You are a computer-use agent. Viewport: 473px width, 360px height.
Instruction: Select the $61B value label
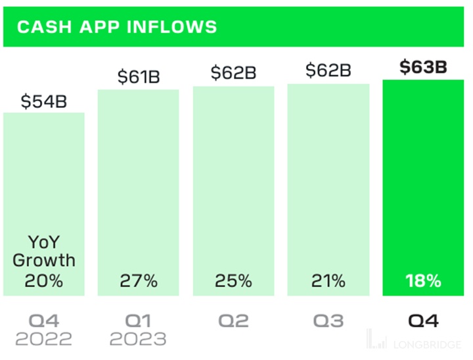(x=139, y=77)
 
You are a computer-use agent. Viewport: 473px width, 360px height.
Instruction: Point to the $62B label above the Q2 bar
(x=233, y=72)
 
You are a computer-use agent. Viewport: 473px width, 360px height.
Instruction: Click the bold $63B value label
(x=423, y=67)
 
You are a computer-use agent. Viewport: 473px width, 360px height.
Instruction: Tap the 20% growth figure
(x=44, y=281)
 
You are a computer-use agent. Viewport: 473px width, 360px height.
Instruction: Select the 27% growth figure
(x=139, y=281)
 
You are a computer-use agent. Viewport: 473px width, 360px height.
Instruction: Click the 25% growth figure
(x=233, y=281)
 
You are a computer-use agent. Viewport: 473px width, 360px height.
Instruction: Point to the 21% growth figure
(x=328, y=281)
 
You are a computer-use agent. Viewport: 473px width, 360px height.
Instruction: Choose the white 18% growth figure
(x=423, y=281)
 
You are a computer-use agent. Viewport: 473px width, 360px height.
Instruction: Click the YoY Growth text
(x=44, y=250)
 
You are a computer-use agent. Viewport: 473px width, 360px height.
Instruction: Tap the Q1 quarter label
(x=139, y=320)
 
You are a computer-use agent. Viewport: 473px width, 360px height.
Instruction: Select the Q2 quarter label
(x=233, y=320)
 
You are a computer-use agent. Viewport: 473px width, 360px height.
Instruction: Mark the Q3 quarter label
(x=328, y=320)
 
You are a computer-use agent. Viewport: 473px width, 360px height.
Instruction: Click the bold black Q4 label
(x=423, y=320)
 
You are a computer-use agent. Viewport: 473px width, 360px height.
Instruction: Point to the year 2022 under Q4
(x=44, y=339)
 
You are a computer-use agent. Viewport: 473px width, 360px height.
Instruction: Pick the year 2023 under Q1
(x=139, y=339)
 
